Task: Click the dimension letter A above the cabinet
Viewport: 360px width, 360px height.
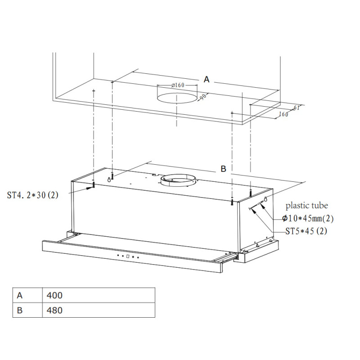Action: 207,80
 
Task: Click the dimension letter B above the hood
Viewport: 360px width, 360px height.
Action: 223,169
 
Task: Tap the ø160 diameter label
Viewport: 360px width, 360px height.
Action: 178,85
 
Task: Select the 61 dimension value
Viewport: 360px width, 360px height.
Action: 297,108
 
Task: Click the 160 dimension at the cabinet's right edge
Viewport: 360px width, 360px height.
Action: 283,114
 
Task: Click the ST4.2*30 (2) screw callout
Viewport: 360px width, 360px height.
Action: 32,195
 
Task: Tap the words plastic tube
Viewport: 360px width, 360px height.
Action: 307,206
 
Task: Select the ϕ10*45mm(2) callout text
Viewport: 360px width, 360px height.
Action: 308,218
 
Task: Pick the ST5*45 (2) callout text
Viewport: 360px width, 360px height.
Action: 306,231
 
